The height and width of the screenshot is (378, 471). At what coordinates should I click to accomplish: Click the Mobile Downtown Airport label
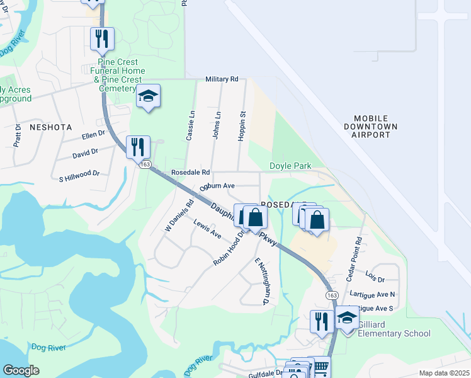375,127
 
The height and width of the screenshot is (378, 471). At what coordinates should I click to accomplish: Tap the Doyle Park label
290,165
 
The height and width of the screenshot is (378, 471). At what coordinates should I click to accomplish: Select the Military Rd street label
222,79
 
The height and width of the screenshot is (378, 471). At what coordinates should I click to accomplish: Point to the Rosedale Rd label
190,172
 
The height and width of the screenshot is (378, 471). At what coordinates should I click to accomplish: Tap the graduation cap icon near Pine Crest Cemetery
149,96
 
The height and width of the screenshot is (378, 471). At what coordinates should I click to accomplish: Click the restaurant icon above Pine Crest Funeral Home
101,38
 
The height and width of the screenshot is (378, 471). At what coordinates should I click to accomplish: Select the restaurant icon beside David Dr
137,147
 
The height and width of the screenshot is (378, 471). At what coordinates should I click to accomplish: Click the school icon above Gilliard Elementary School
347,318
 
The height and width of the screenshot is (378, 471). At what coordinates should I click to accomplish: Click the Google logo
21,370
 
